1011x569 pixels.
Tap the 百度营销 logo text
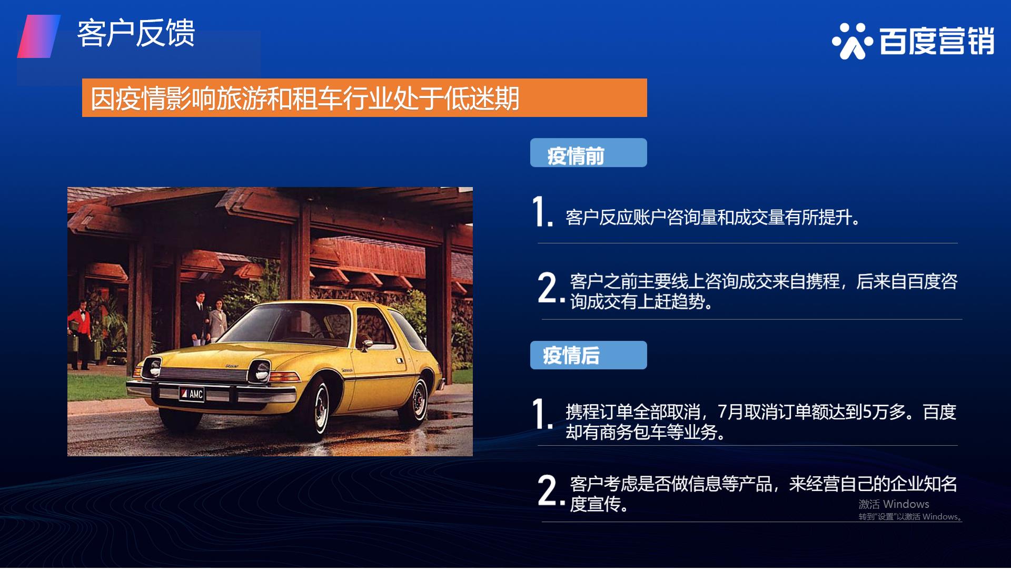937,41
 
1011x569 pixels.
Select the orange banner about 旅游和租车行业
364,97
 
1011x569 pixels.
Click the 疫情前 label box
588,153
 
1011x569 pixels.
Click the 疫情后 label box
588,355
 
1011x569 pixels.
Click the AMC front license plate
192,394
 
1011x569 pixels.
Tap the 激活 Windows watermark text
894,504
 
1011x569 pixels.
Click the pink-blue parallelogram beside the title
39,36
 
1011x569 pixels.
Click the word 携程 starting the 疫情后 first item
582,411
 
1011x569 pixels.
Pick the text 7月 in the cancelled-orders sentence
731,411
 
